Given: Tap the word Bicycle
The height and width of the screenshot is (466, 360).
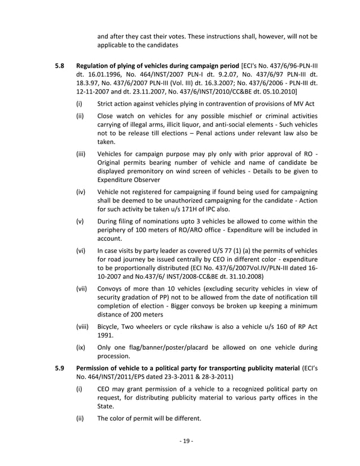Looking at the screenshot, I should [x=110, y=326].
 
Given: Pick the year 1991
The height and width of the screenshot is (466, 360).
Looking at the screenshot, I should [x=106, y=336].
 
